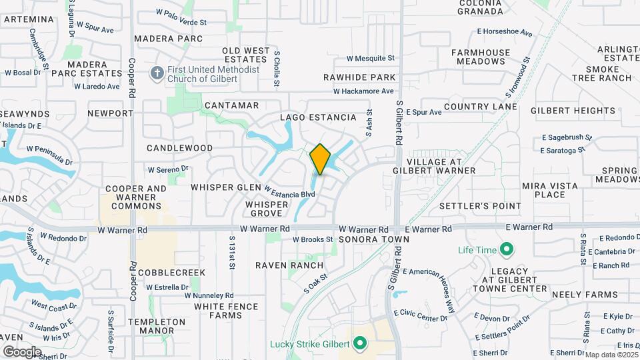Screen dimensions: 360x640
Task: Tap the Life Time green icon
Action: (x=506, y=250)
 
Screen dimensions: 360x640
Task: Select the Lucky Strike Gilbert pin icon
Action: (x=360, y=344)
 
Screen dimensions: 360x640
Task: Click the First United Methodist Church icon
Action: (x=157, y=73)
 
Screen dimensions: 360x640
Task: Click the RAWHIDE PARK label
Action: (x=359, y=78)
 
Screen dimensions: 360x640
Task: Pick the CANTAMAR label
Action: (x=231, y=105)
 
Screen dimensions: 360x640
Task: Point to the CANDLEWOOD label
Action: (x=179, y=148)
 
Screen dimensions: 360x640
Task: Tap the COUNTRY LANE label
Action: (x=480, y=107)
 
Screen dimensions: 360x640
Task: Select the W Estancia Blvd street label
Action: (x=290, y=192)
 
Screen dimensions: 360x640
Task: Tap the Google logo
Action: (x=22, y=351)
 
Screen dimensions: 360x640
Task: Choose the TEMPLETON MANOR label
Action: (x=157, y=327)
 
